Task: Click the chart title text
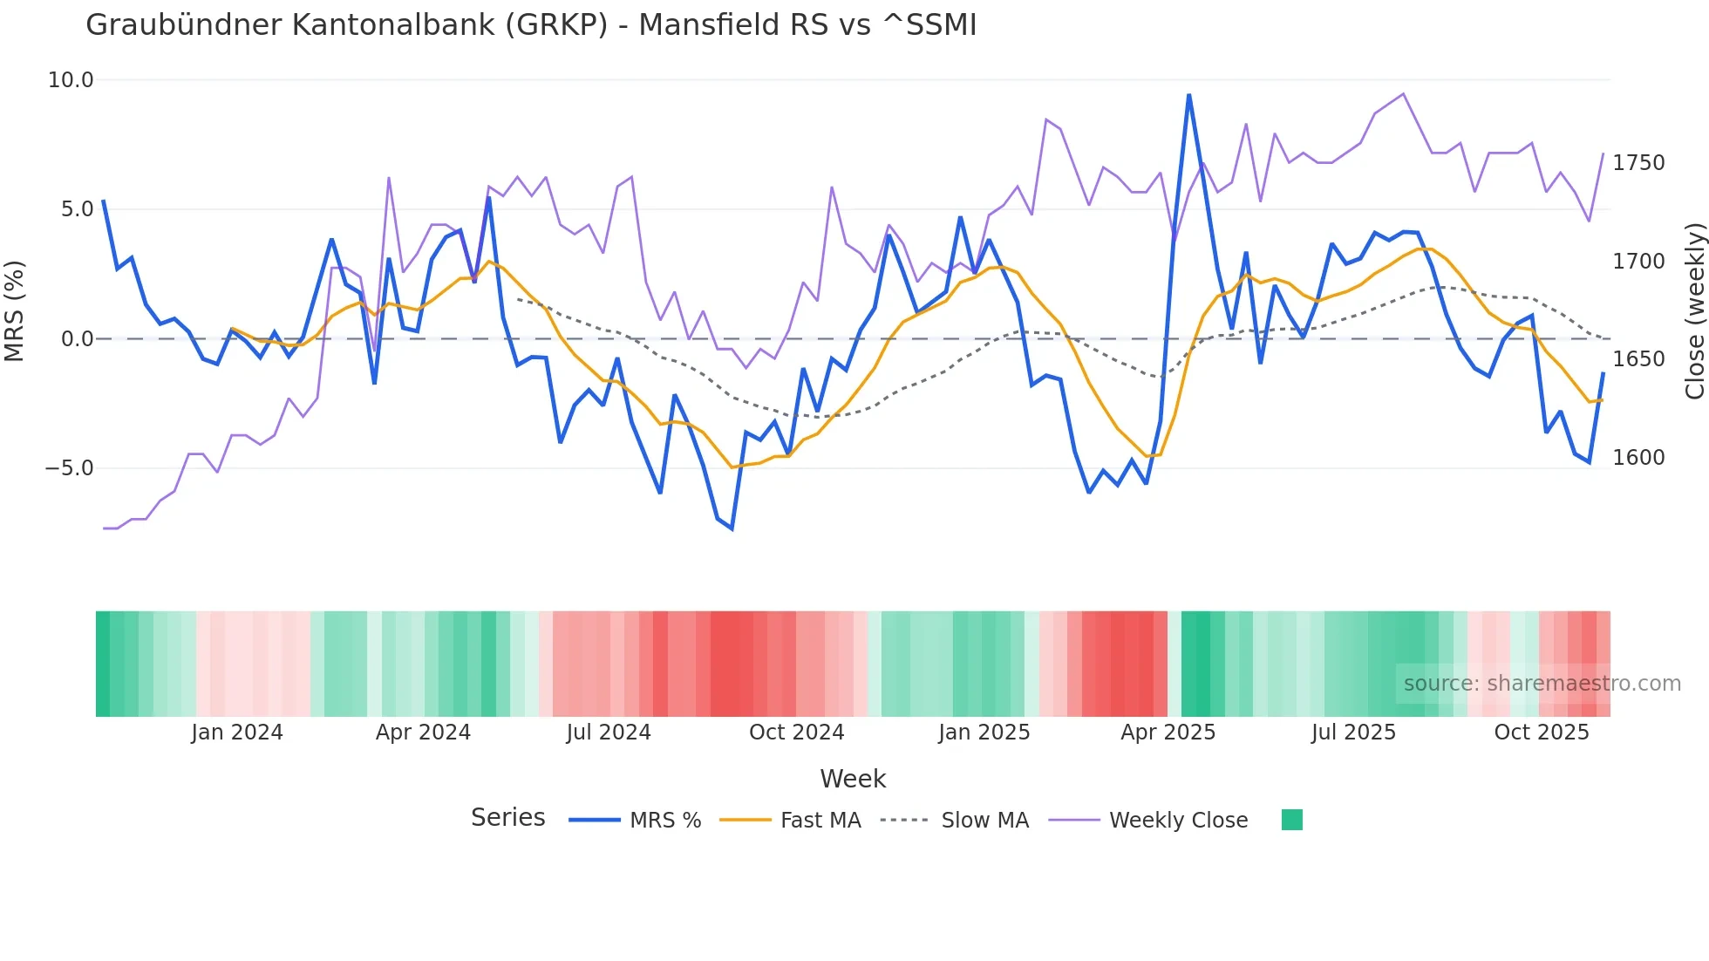point(530,25)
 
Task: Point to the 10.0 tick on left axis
point(70,80)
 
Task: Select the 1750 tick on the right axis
point(1638,163)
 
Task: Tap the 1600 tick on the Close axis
point(1638,458)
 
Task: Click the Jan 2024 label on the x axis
point(237,733)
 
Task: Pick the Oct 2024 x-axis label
point(796,733)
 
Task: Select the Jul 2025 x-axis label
point(1353,733)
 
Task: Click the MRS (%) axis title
point(15,311)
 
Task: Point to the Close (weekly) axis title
point(1694,311)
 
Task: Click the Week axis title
point(853,779)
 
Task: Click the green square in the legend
point(1291,820)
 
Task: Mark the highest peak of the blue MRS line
point(1188,95)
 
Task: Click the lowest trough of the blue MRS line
point(732,528)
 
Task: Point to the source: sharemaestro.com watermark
point(1542,684)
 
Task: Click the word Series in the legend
point(507,818)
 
